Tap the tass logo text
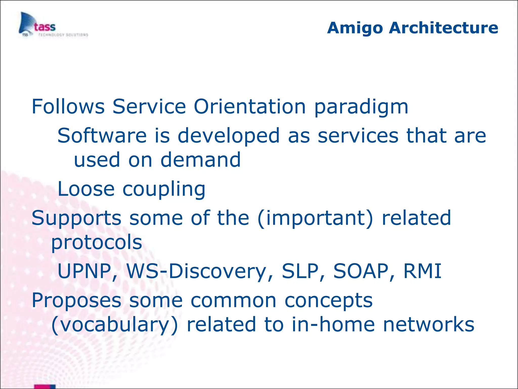(x=45, y=27)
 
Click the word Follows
(x=68, y=107)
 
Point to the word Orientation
(x=250, y=107)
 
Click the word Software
(x=102, y=136)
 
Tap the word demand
(x=200, y=160)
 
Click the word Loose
(x=86, y=189)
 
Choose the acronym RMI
(x=422, y=271)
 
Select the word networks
(x=428, y=325)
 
